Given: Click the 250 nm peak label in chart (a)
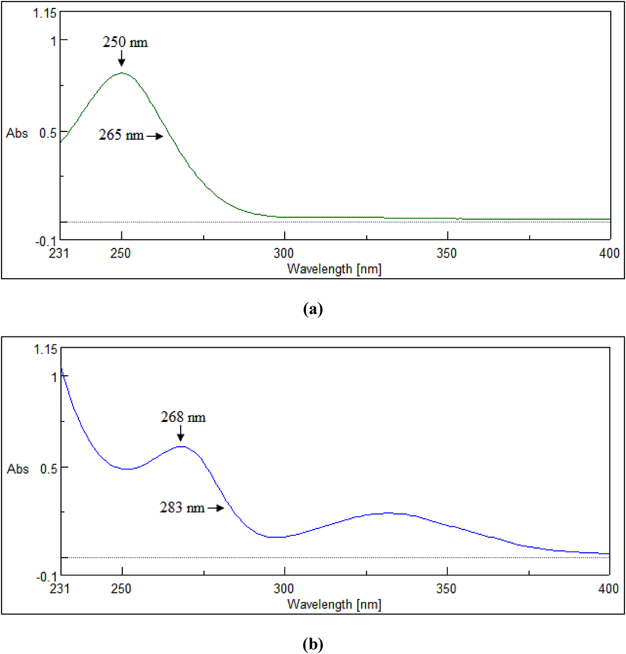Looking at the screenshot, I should [x=125, y=42].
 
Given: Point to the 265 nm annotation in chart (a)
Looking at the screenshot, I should [x=121, y=135].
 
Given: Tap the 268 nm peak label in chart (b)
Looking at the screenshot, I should [x=183, y=417].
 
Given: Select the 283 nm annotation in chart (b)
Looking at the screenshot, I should [x=182, y=508].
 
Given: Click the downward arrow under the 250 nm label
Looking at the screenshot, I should [x=121, y=58].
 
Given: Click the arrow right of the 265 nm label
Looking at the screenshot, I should [x=155, y=136].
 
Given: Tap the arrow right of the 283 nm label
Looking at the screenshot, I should [x=216, y=508].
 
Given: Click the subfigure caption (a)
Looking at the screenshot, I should [x=313, y=308].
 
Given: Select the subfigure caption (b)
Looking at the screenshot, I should [x=313, y=644].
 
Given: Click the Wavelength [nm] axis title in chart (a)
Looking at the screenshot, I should [x=334, y=269].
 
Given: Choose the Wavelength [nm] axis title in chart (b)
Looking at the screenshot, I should [x=334, y=604].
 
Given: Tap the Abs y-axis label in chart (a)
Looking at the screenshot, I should [x=17, y=133].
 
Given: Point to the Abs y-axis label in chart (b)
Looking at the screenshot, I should [x=17, y=469].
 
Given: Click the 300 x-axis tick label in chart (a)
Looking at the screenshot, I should [x=284, y=253].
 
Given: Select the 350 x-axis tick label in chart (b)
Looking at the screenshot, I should [x=446, y=589].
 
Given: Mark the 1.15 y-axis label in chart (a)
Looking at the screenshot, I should [x=45, y=13].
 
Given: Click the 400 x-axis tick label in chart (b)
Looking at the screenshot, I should [x=609, y=589].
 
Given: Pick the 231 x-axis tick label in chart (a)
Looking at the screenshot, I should [x=59, y=253].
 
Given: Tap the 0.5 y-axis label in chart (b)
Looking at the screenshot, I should [x=48, y=469].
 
